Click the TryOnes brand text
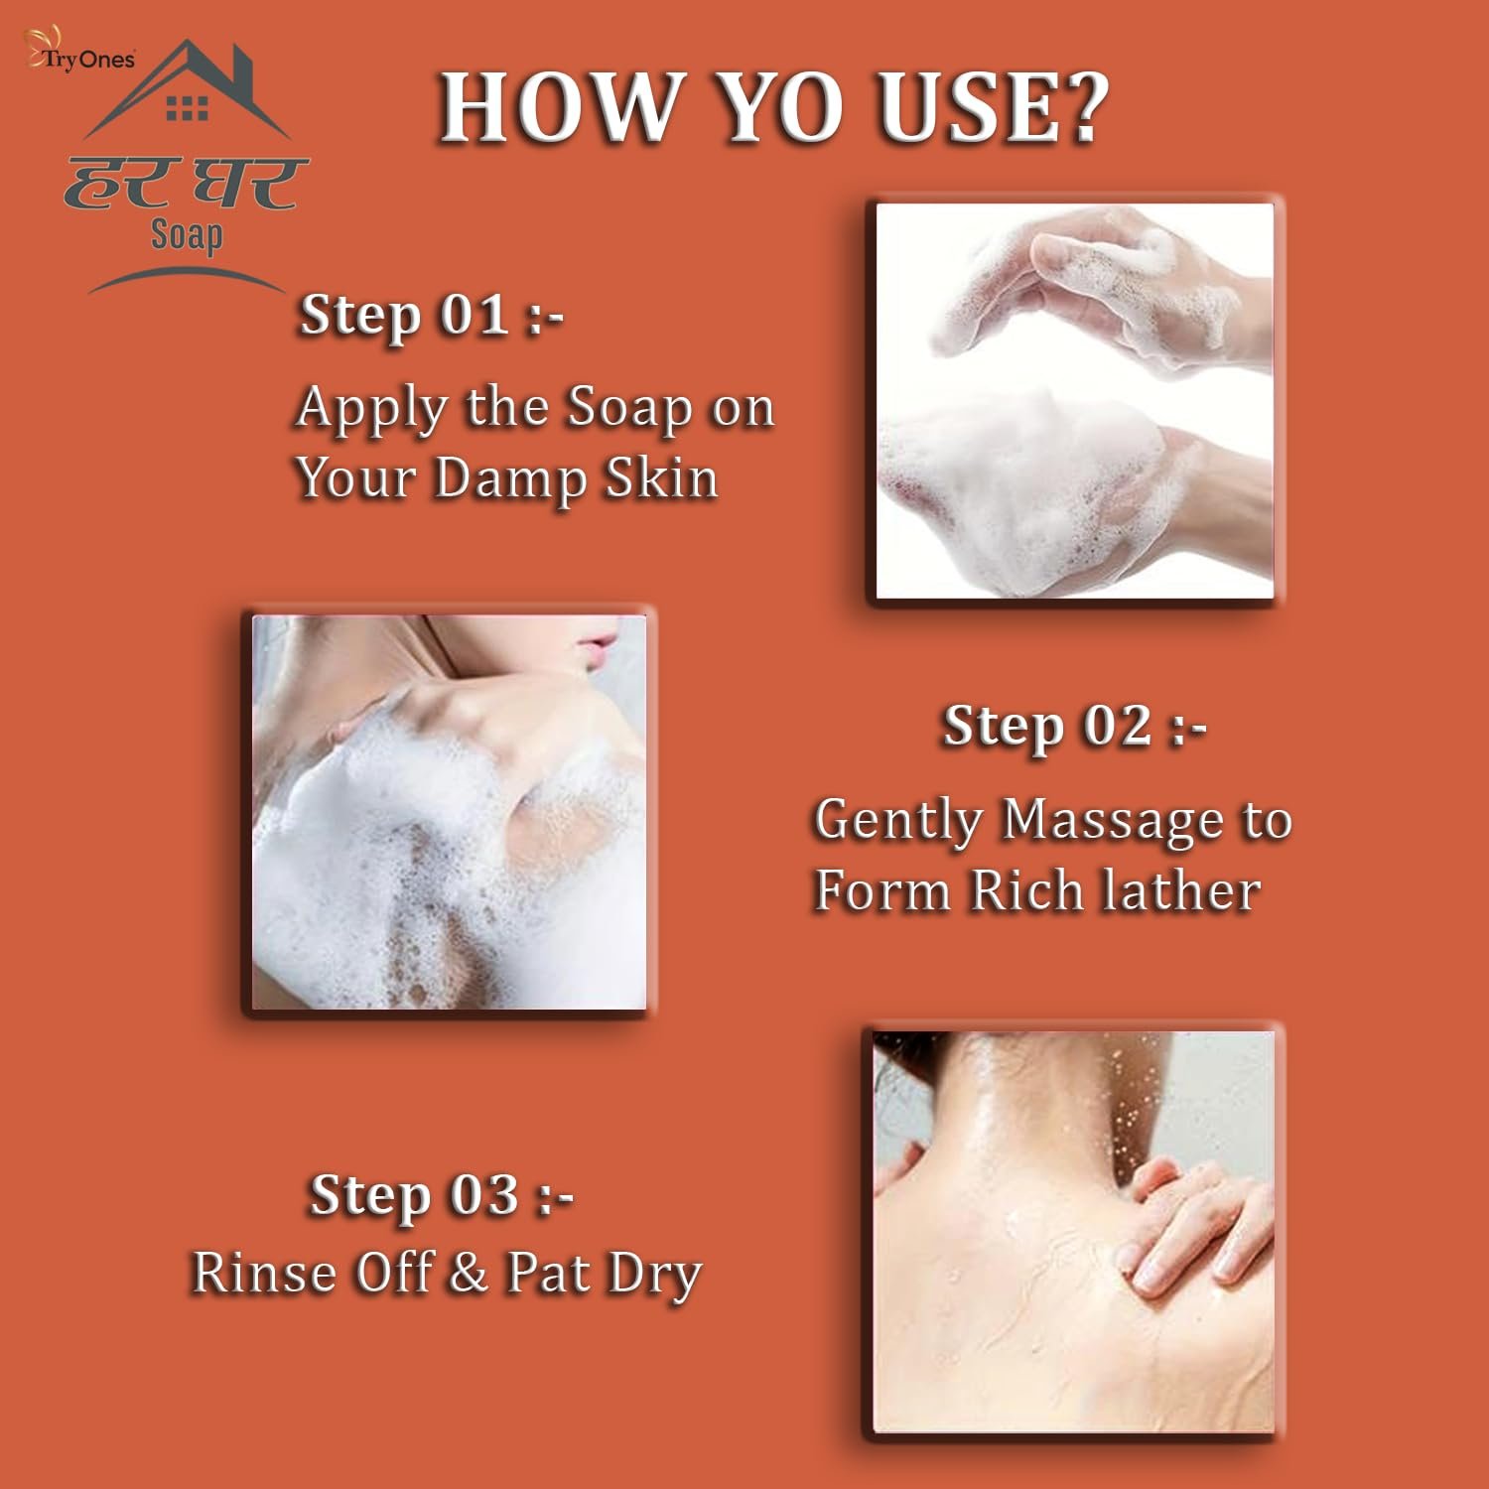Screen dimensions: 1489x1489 [x=87, y=60]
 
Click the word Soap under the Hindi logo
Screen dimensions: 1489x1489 [x=187, y=236]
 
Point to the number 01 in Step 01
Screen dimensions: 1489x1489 [x=474, y=315]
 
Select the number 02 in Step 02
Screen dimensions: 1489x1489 [x=1117, y=726]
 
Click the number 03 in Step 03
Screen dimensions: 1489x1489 [x=484, y=1194]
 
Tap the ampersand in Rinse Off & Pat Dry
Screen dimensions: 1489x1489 [x=469, y=1274]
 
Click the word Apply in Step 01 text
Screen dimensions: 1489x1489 [x=372, y=410]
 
